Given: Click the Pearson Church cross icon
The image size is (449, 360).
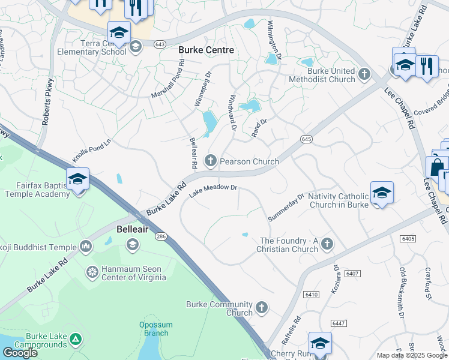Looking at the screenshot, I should click(210, 160).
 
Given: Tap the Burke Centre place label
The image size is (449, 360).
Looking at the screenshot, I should click(206, 50).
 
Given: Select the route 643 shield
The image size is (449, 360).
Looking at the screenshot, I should click(160, 44).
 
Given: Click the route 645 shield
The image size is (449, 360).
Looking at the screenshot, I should click(306, 139).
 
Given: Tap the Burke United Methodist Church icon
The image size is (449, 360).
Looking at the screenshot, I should click(364, 75).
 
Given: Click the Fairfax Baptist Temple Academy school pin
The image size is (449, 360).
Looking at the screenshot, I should click(78, 180).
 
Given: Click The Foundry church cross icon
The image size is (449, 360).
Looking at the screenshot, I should click(327, 244).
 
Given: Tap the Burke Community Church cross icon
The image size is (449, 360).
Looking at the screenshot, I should click(261, 308).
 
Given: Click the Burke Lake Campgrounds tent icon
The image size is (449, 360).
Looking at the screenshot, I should click(75, 340).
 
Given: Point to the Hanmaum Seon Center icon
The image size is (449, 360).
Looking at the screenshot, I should click(92, 272).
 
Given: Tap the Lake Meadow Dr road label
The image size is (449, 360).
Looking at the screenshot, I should click(214, 190).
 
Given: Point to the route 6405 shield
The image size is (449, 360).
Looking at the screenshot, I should click(409, 239).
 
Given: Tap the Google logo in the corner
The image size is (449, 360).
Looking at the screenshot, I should click(20, 352).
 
